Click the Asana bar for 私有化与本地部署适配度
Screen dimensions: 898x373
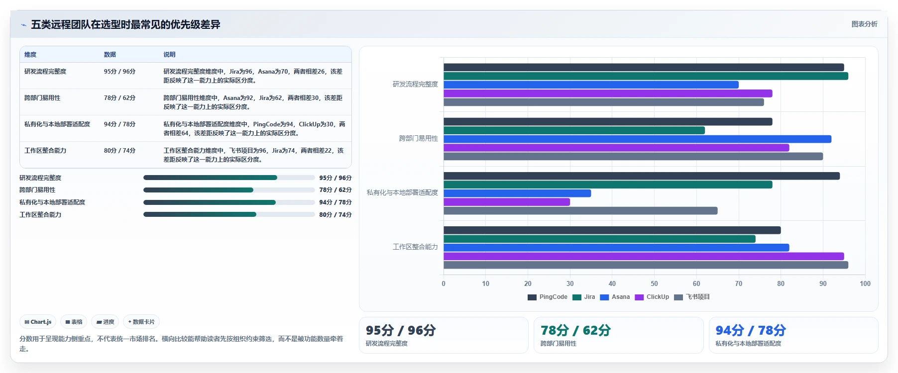click(x=517, y=193)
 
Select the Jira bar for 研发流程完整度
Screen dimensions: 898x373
click(x=646, y=76)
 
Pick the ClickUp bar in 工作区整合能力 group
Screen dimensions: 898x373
click(x=644, y=256)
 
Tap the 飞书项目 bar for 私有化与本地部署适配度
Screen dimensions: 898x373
click(x=580, y=211)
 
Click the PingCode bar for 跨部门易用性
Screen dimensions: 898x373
click(x=608, y=122)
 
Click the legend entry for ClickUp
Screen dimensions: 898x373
click(x=652, y=297)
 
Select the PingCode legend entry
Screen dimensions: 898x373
click(x=548, y=297)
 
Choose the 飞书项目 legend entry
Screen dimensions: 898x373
click(x=692, y=297)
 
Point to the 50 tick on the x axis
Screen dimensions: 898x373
click(x=654, y=283)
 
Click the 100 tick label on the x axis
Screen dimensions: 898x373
click(x=865, y=283)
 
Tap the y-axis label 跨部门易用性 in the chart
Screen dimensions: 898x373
click(x=419, y=138)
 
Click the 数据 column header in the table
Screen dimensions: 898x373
click(x=110, y=55)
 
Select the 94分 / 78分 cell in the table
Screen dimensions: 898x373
click(x=119, y=124)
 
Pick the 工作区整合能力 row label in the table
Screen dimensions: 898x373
click(x=45, y=151)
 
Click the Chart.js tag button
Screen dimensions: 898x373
click(x=38, y=322)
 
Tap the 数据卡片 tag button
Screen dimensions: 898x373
click(x=141, y=322)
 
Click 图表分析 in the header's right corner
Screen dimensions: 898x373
click(x=864, y=24)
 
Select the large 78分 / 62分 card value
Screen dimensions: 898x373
click(x=575, y=330)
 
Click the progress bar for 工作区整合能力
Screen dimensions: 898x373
click(x=229, y=215)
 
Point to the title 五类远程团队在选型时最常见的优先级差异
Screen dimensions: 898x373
click(x=125, y=24)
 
